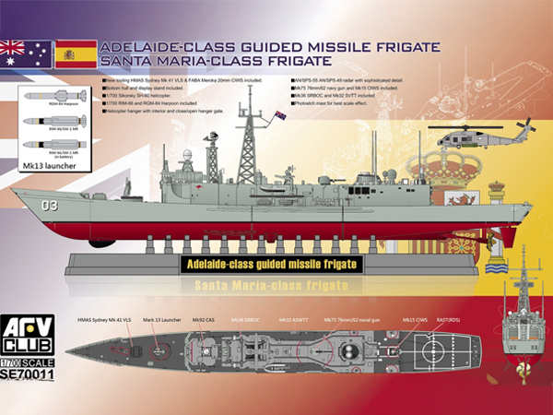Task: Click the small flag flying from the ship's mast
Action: [280, 115]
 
